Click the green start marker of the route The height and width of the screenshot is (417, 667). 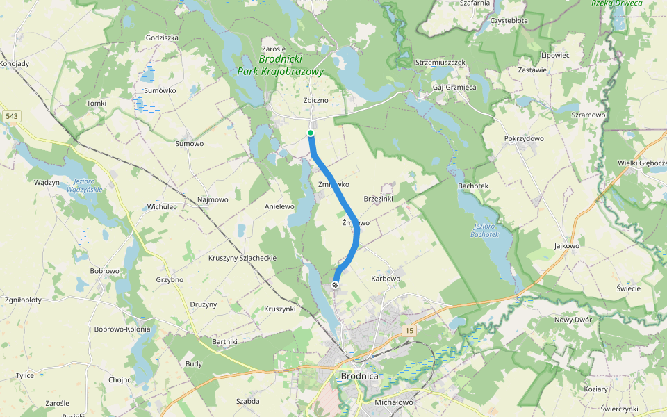311,133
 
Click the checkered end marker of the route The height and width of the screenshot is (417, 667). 336,285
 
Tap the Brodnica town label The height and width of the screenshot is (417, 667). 360,377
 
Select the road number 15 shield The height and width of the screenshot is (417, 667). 409,331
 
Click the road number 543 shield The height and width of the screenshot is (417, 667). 11,116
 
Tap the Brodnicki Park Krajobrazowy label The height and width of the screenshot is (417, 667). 280,65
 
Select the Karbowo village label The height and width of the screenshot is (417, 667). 386,279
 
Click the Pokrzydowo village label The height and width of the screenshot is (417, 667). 524,139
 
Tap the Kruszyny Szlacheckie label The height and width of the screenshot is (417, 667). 242,258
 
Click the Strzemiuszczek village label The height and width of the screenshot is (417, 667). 440,63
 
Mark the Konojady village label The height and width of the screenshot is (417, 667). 15,64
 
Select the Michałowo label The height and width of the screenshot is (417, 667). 394,402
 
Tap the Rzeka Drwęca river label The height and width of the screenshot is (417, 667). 616,3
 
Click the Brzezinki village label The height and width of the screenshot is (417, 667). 379,199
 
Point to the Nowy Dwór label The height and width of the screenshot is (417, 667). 572,320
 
